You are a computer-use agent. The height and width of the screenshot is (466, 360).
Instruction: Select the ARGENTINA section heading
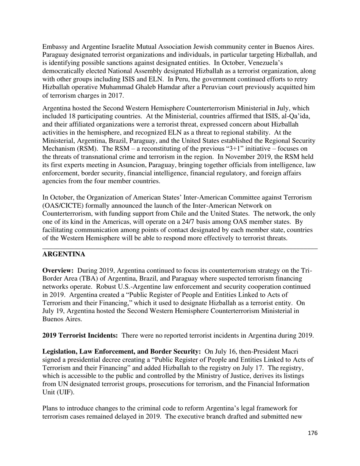[x=63, y=254]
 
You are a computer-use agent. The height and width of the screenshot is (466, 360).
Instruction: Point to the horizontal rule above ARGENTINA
[x=180, y=248]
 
